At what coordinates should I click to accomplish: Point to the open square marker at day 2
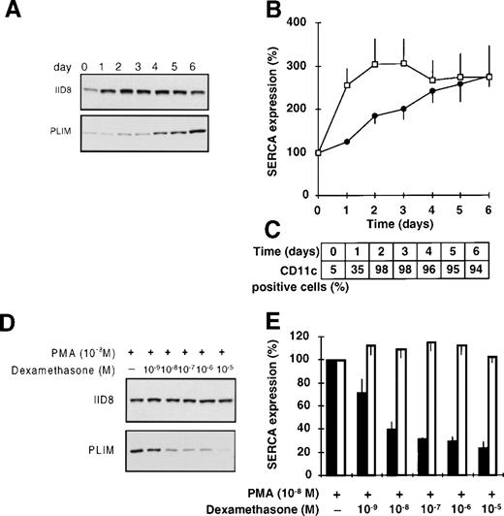coord(373,64)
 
